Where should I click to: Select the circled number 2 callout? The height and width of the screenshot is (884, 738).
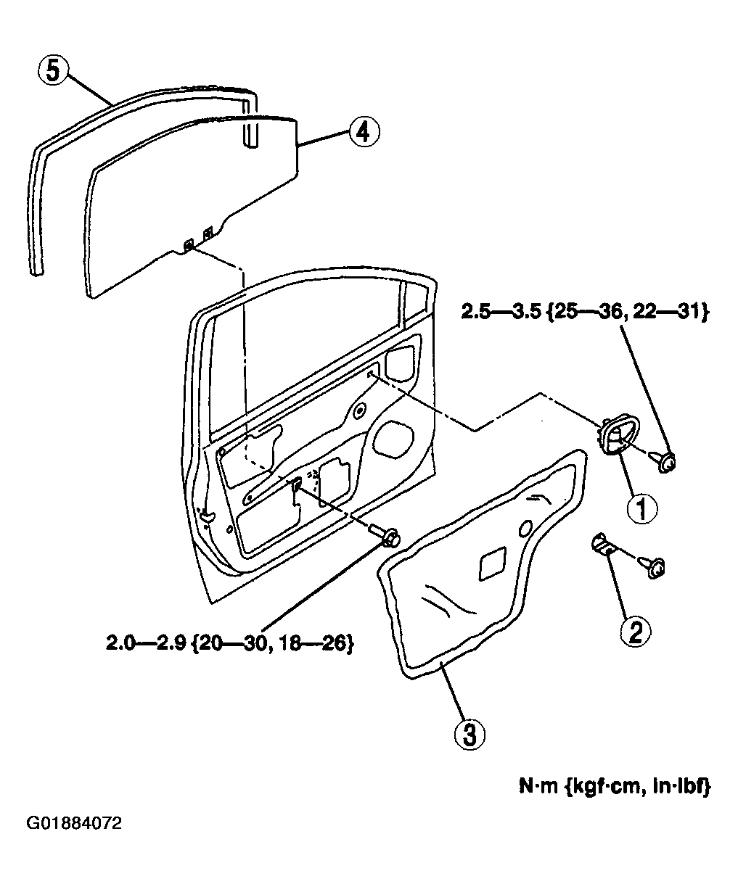click(x=635, y=631)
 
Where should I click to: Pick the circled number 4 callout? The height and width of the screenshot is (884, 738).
click(x=362, y=132)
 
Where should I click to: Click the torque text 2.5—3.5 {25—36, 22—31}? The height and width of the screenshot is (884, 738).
click(x=584, y=313)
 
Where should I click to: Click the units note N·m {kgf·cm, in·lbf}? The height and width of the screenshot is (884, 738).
click(x=614, y=787)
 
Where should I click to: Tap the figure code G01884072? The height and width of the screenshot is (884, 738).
click(x=74, y=824)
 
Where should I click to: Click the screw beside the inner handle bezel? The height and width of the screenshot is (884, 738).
click(x=665, y=460)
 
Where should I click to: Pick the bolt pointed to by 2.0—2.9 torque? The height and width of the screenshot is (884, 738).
click(x=389, y=537)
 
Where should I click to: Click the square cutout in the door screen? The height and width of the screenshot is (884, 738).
click(x=494, y=563)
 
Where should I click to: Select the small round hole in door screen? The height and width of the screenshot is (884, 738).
click(x=526, y=529)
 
